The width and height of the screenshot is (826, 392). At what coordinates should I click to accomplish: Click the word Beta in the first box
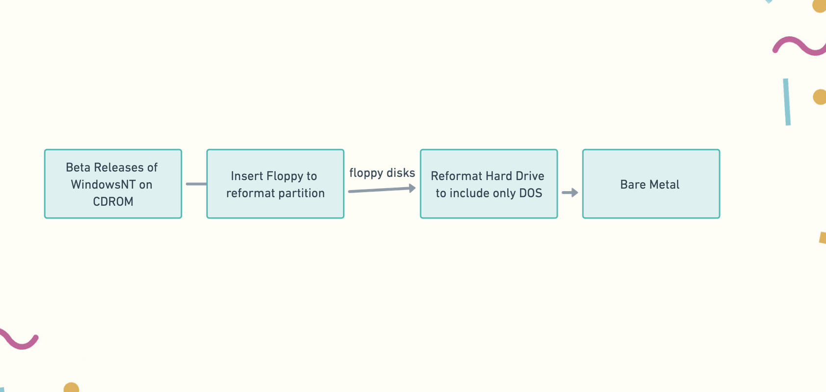click(x=78, y=167)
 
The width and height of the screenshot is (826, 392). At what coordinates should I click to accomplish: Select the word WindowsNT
click(x=103, y=184)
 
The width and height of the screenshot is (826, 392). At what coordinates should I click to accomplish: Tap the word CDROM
click(x=113, y=201)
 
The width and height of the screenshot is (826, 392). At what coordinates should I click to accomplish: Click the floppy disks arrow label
click(x=382, y=173)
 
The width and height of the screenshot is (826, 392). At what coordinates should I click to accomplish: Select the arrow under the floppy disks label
click(x=382, y=190)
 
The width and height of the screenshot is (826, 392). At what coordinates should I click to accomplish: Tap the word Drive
click(x=530, y=176)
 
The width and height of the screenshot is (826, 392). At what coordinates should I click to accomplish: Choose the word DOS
click(x=531, y=193)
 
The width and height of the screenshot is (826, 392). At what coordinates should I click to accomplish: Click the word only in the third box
click(x=505, y=194)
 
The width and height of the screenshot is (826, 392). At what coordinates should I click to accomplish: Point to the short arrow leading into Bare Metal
click(x=570, y=192)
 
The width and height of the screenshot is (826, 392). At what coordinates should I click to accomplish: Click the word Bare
click(x=631, y=184)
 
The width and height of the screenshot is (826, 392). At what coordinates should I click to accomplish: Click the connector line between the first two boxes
click(x=196, y=184)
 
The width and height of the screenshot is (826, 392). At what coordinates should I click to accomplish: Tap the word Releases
click(x=119, y=167)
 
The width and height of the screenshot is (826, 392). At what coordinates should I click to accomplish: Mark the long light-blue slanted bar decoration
click(x=787, y=102)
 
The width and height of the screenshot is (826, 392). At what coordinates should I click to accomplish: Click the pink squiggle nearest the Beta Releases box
click(x=19, y=339)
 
